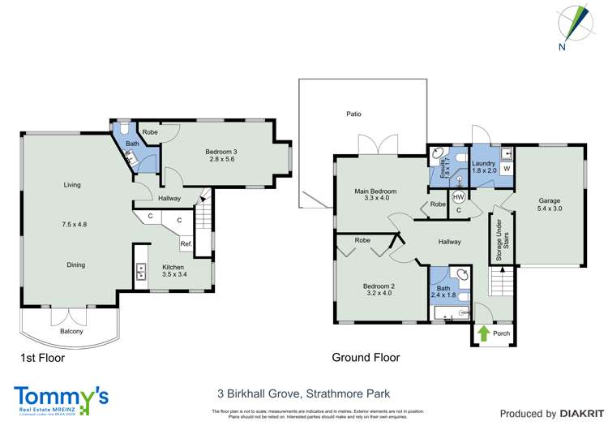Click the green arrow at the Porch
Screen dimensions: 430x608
pos(483,332)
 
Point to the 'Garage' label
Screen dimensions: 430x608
pos(550,200)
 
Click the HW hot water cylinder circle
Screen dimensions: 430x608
pos(458,197)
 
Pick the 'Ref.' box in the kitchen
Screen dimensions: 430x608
pos(186,244)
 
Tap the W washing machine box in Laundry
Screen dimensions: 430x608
pos(505,169)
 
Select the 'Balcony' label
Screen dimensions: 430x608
pos(71,331)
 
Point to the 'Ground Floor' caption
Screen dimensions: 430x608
pos(366,357)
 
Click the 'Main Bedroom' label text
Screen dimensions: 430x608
pos(372,191)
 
